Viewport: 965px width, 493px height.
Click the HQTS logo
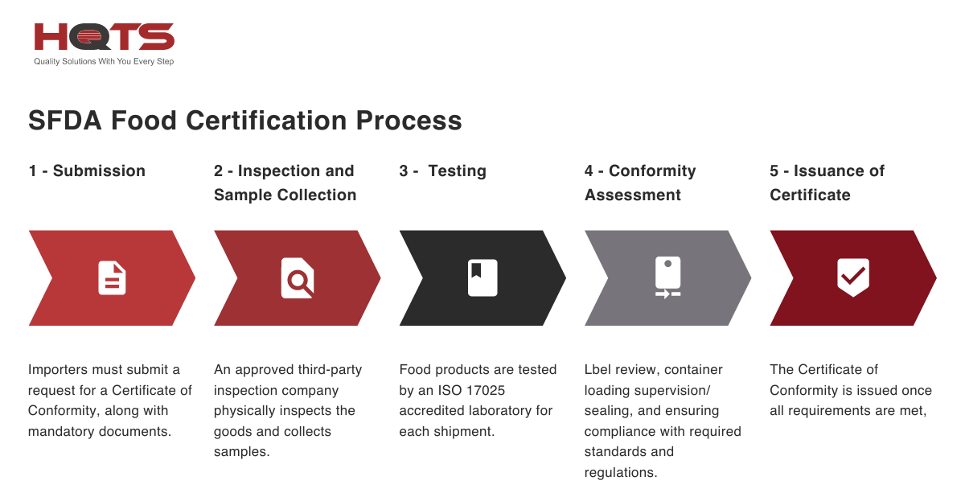click(104, 37)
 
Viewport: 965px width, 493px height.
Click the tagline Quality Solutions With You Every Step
click(104, 62)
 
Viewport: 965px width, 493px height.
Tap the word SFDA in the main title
click(64, 121)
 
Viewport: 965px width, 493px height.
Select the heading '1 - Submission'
click(87, 170)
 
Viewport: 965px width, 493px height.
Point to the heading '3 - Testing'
click(442, 170)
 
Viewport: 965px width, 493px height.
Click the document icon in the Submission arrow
click(112, 278)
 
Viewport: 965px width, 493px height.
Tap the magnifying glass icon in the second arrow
click(298, 278)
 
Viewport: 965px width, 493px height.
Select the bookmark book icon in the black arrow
click(482, 278)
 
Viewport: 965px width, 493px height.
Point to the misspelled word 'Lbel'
click(599, 370)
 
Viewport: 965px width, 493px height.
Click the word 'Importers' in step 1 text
click(59, 370)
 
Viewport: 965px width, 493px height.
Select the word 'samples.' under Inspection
click(241, 452)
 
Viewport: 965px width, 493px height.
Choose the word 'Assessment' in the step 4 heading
click(633, 195)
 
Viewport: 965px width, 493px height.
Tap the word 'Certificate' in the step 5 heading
click(810, 195)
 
